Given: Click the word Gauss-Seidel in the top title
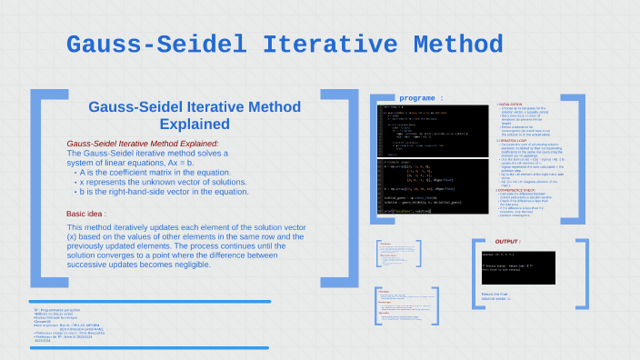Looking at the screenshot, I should pos(155,45).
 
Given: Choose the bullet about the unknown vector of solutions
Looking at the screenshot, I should pos(161,182).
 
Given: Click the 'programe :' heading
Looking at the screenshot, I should pos(421,97).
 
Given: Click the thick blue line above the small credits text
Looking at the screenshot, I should pos(150,301).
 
